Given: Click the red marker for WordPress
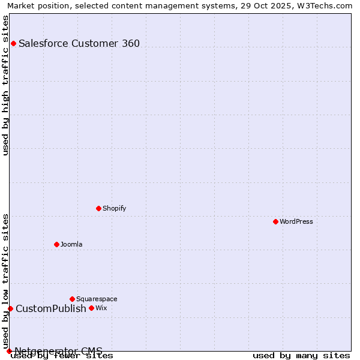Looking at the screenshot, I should click(x=275, y=221).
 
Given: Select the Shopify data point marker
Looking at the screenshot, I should click(x=98, y=208).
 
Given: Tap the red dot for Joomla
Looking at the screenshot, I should click(x=56, y=244).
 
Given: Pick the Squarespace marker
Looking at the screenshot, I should click(x=72, y=299).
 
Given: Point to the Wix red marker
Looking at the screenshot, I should click(x=91, y=308).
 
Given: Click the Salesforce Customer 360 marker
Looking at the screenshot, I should click(x=13, y=43).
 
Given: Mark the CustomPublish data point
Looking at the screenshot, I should click(x=10, y=308).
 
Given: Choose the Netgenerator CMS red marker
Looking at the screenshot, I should click(x=9, y=351).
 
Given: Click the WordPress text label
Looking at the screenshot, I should click(x=296, y=221).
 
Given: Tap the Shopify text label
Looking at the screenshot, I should click(x=115, y=208).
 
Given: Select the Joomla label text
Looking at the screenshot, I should click(x=71, y=244).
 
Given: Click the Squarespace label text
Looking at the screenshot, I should click(x=97, y=299).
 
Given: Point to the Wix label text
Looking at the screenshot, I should click(x=101, y=308).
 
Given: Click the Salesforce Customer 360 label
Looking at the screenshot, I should click(x=79, y=43).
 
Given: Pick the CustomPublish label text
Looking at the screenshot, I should click(x=51, y=308).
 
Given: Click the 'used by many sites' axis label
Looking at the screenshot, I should click(x=301, y=355).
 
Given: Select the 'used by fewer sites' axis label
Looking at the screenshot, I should click(x=62, y=355).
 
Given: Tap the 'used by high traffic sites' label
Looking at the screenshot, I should click(x=5, y=85).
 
